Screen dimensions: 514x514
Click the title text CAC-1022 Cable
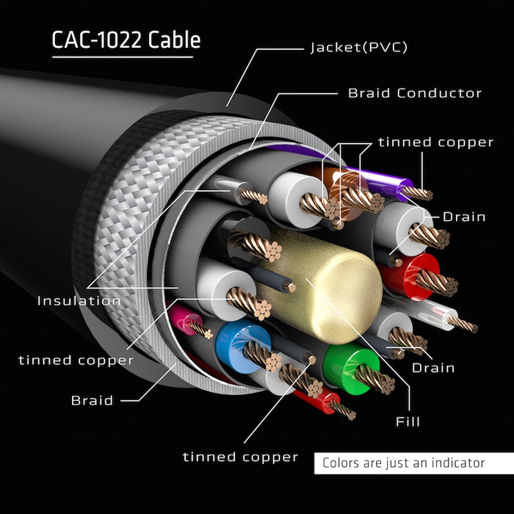(x=126, y=40)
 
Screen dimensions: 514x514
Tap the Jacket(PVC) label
(x=358, y=48)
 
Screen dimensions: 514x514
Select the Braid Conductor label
(x=415, y=93)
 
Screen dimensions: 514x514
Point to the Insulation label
(x=79, y=300)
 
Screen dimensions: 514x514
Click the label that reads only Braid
(x=92, y=400)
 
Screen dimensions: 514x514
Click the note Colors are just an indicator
(x=403, y=463)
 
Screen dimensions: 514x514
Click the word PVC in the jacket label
(x=388, y=48)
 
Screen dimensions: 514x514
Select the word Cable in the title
(x=174, y=40)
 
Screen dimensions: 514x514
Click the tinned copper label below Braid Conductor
(x=435, y=142)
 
